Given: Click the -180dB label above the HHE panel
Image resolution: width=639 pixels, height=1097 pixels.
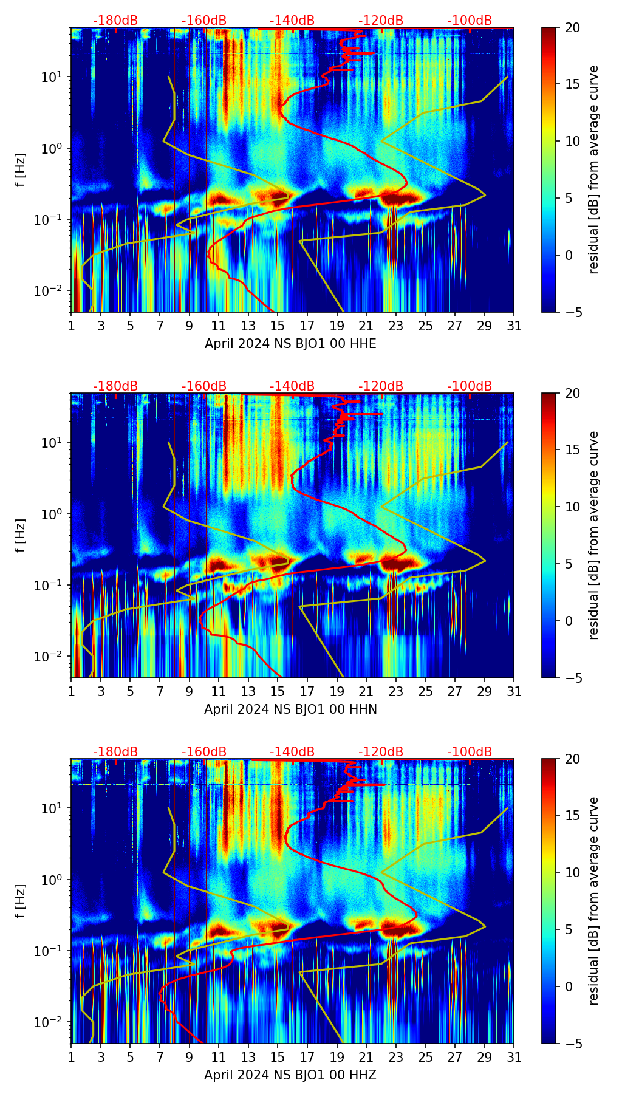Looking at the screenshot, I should pyautogui.click(x=115, y=21).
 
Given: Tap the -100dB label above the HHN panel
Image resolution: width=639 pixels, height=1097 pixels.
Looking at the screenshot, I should pyautogui.click(x=470, y=386).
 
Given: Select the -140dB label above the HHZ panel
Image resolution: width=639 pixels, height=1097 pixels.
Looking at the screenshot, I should pyautogui.click(x=292, y=752).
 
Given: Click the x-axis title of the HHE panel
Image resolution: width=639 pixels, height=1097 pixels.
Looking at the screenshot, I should pyautogui.click(x=290, y=344).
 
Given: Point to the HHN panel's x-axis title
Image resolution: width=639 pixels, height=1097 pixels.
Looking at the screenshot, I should pyautogui.click(x=290, y=709).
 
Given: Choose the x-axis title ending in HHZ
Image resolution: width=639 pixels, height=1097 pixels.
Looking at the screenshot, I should pyautogui.click(x=290, y=1075).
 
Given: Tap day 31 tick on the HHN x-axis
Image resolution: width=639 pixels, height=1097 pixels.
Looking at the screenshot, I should pyautogui.click(x=514, y=691).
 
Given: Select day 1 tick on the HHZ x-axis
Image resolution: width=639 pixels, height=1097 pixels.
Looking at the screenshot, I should pyautogui.click(x=72, y=1057).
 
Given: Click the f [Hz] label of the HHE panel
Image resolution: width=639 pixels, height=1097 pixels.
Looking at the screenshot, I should pyautogui.click(x=21, y=169).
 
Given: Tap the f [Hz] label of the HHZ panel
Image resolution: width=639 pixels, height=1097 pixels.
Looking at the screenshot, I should pyautogui.click(x=21, y=901).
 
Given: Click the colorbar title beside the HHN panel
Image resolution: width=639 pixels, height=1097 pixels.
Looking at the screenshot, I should pyautogui.click(x=593, y=535).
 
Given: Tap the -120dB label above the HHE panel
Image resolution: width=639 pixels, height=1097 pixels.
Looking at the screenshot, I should pyautogui.click(x=381, y=21).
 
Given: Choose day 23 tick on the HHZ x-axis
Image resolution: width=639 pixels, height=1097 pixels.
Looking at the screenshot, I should pyautogui.click(x=396, y=1057).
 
